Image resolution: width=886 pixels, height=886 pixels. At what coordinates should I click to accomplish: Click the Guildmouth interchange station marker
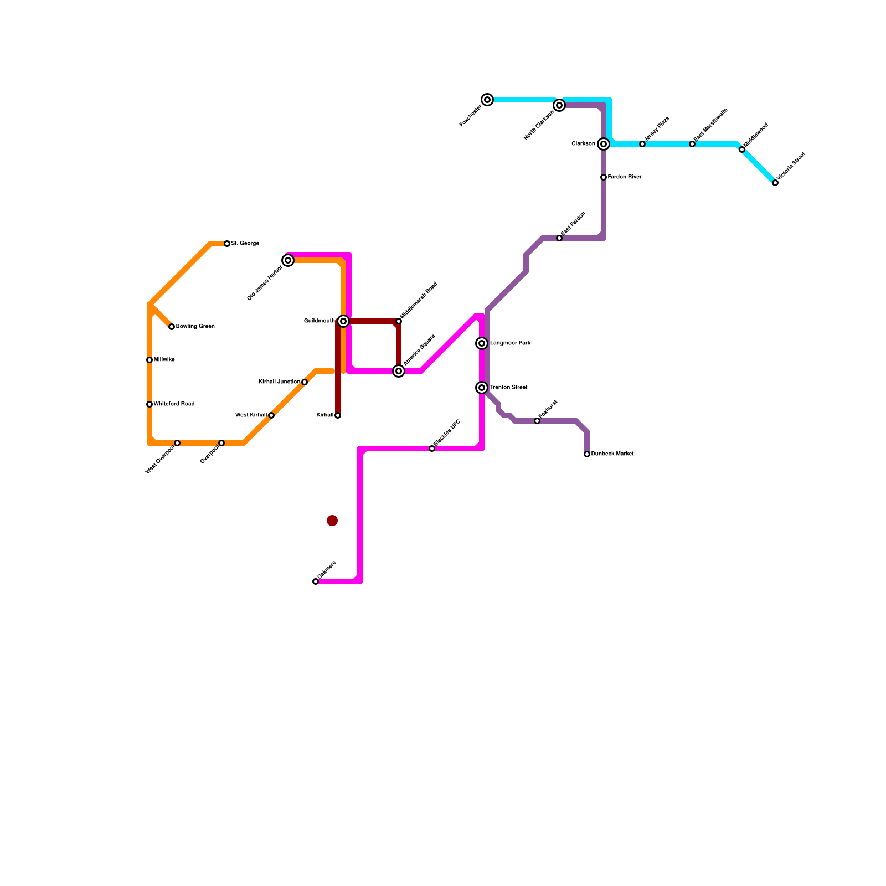pyautogui.click(x=343, y=321)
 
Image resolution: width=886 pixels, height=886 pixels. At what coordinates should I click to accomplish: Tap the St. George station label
pyautogui.click(x=245, y=244)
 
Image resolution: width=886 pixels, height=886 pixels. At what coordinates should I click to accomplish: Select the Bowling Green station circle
pyautogui.click(x=172, y=327)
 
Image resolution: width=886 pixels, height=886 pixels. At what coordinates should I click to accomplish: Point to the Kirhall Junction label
pyautogui.click(x=279, y=382)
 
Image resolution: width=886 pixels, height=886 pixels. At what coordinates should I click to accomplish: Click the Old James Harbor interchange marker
pyautogui.click(x=288, y=260)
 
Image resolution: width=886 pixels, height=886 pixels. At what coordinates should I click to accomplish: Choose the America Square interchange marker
pyautogui.click(x=399, y=371)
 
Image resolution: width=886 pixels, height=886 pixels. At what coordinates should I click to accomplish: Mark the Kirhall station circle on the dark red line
pyautogui.click(x=338, y=415)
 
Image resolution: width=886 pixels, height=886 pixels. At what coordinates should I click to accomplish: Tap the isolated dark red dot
pyautogui.click(x=332, y=521)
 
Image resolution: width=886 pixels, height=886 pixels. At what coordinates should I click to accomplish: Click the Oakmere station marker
pyautogui.click(x=316, y=581)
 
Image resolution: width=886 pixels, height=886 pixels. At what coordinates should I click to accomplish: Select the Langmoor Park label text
pyautogui.click(x=511, y=343)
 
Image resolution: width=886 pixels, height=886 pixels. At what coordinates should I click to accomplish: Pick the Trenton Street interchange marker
pyautogui.click(x=482, y=388)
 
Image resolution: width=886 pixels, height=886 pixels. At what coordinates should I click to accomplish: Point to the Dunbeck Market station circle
pyautogui.click(x=587, y=454)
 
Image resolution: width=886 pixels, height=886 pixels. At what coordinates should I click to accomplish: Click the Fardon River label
pyautogui.click(x=625, y=177)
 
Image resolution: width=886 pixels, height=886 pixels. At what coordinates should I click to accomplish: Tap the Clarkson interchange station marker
pyautogui.click(x=604, y=144)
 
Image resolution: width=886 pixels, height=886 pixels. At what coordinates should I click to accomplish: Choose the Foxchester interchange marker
pyautogui.click(x=487, y=100)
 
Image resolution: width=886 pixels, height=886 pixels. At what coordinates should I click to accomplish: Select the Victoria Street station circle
pyautogui.click(x=775, y=183)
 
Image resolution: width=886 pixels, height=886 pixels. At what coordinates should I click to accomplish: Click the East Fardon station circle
pyautogui.click(x=559, y=238)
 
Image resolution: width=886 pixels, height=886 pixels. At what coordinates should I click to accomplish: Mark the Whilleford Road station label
pyautogui.click(x=174, y=404)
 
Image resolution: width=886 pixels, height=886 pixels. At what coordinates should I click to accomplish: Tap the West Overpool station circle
pyautogui.click(x=177, y=443)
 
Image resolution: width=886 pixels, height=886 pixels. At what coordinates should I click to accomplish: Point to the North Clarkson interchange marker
pyautogui.click(x=559, y=105)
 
